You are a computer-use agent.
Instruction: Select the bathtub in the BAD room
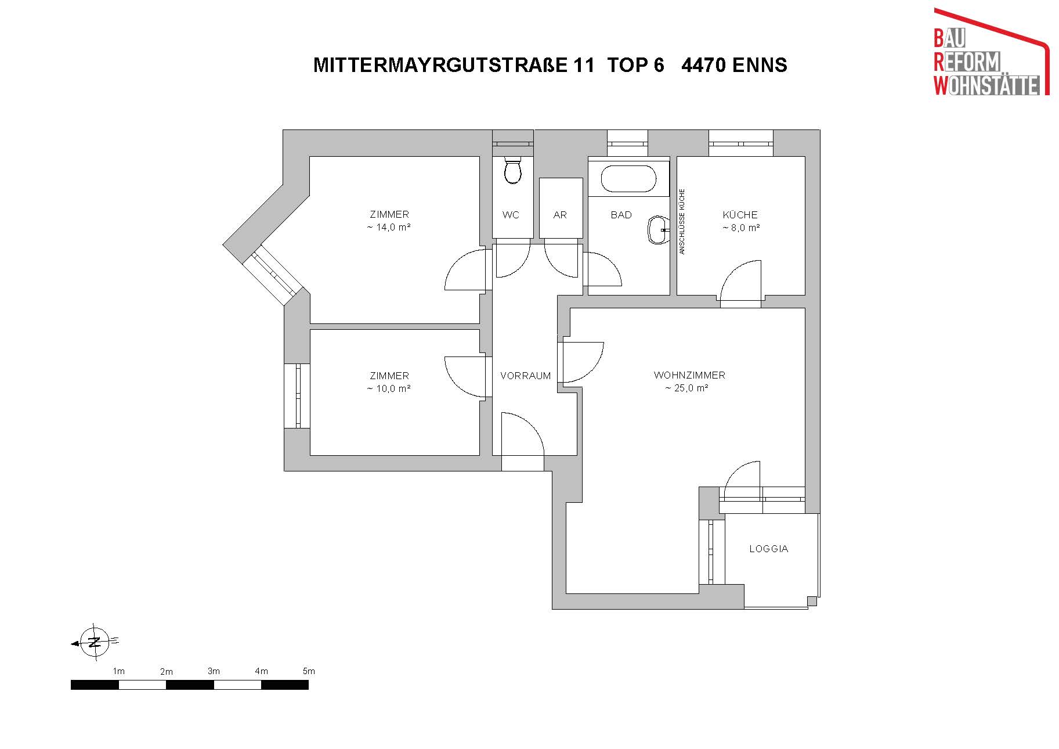628,179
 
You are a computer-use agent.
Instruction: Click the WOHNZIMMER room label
689,375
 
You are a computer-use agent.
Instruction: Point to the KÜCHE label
740,214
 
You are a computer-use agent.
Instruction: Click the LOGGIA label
768,549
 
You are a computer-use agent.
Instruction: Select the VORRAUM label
525,376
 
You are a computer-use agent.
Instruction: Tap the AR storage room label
560,215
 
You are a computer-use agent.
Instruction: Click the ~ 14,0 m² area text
389,228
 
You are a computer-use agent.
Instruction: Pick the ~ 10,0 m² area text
389,389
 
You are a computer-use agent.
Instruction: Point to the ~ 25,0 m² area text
686,388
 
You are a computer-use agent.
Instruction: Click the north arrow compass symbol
94,642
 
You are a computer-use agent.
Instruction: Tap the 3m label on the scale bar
214,671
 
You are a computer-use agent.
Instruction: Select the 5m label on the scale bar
309,671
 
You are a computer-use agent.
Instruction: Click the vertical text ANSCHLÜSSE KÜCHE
682,221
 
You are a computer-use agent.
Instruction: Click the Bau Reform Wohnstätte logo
992,52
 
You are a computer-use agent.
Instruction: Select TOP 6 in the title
635,64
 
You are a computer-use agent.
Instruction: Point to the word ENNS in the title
760,64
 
